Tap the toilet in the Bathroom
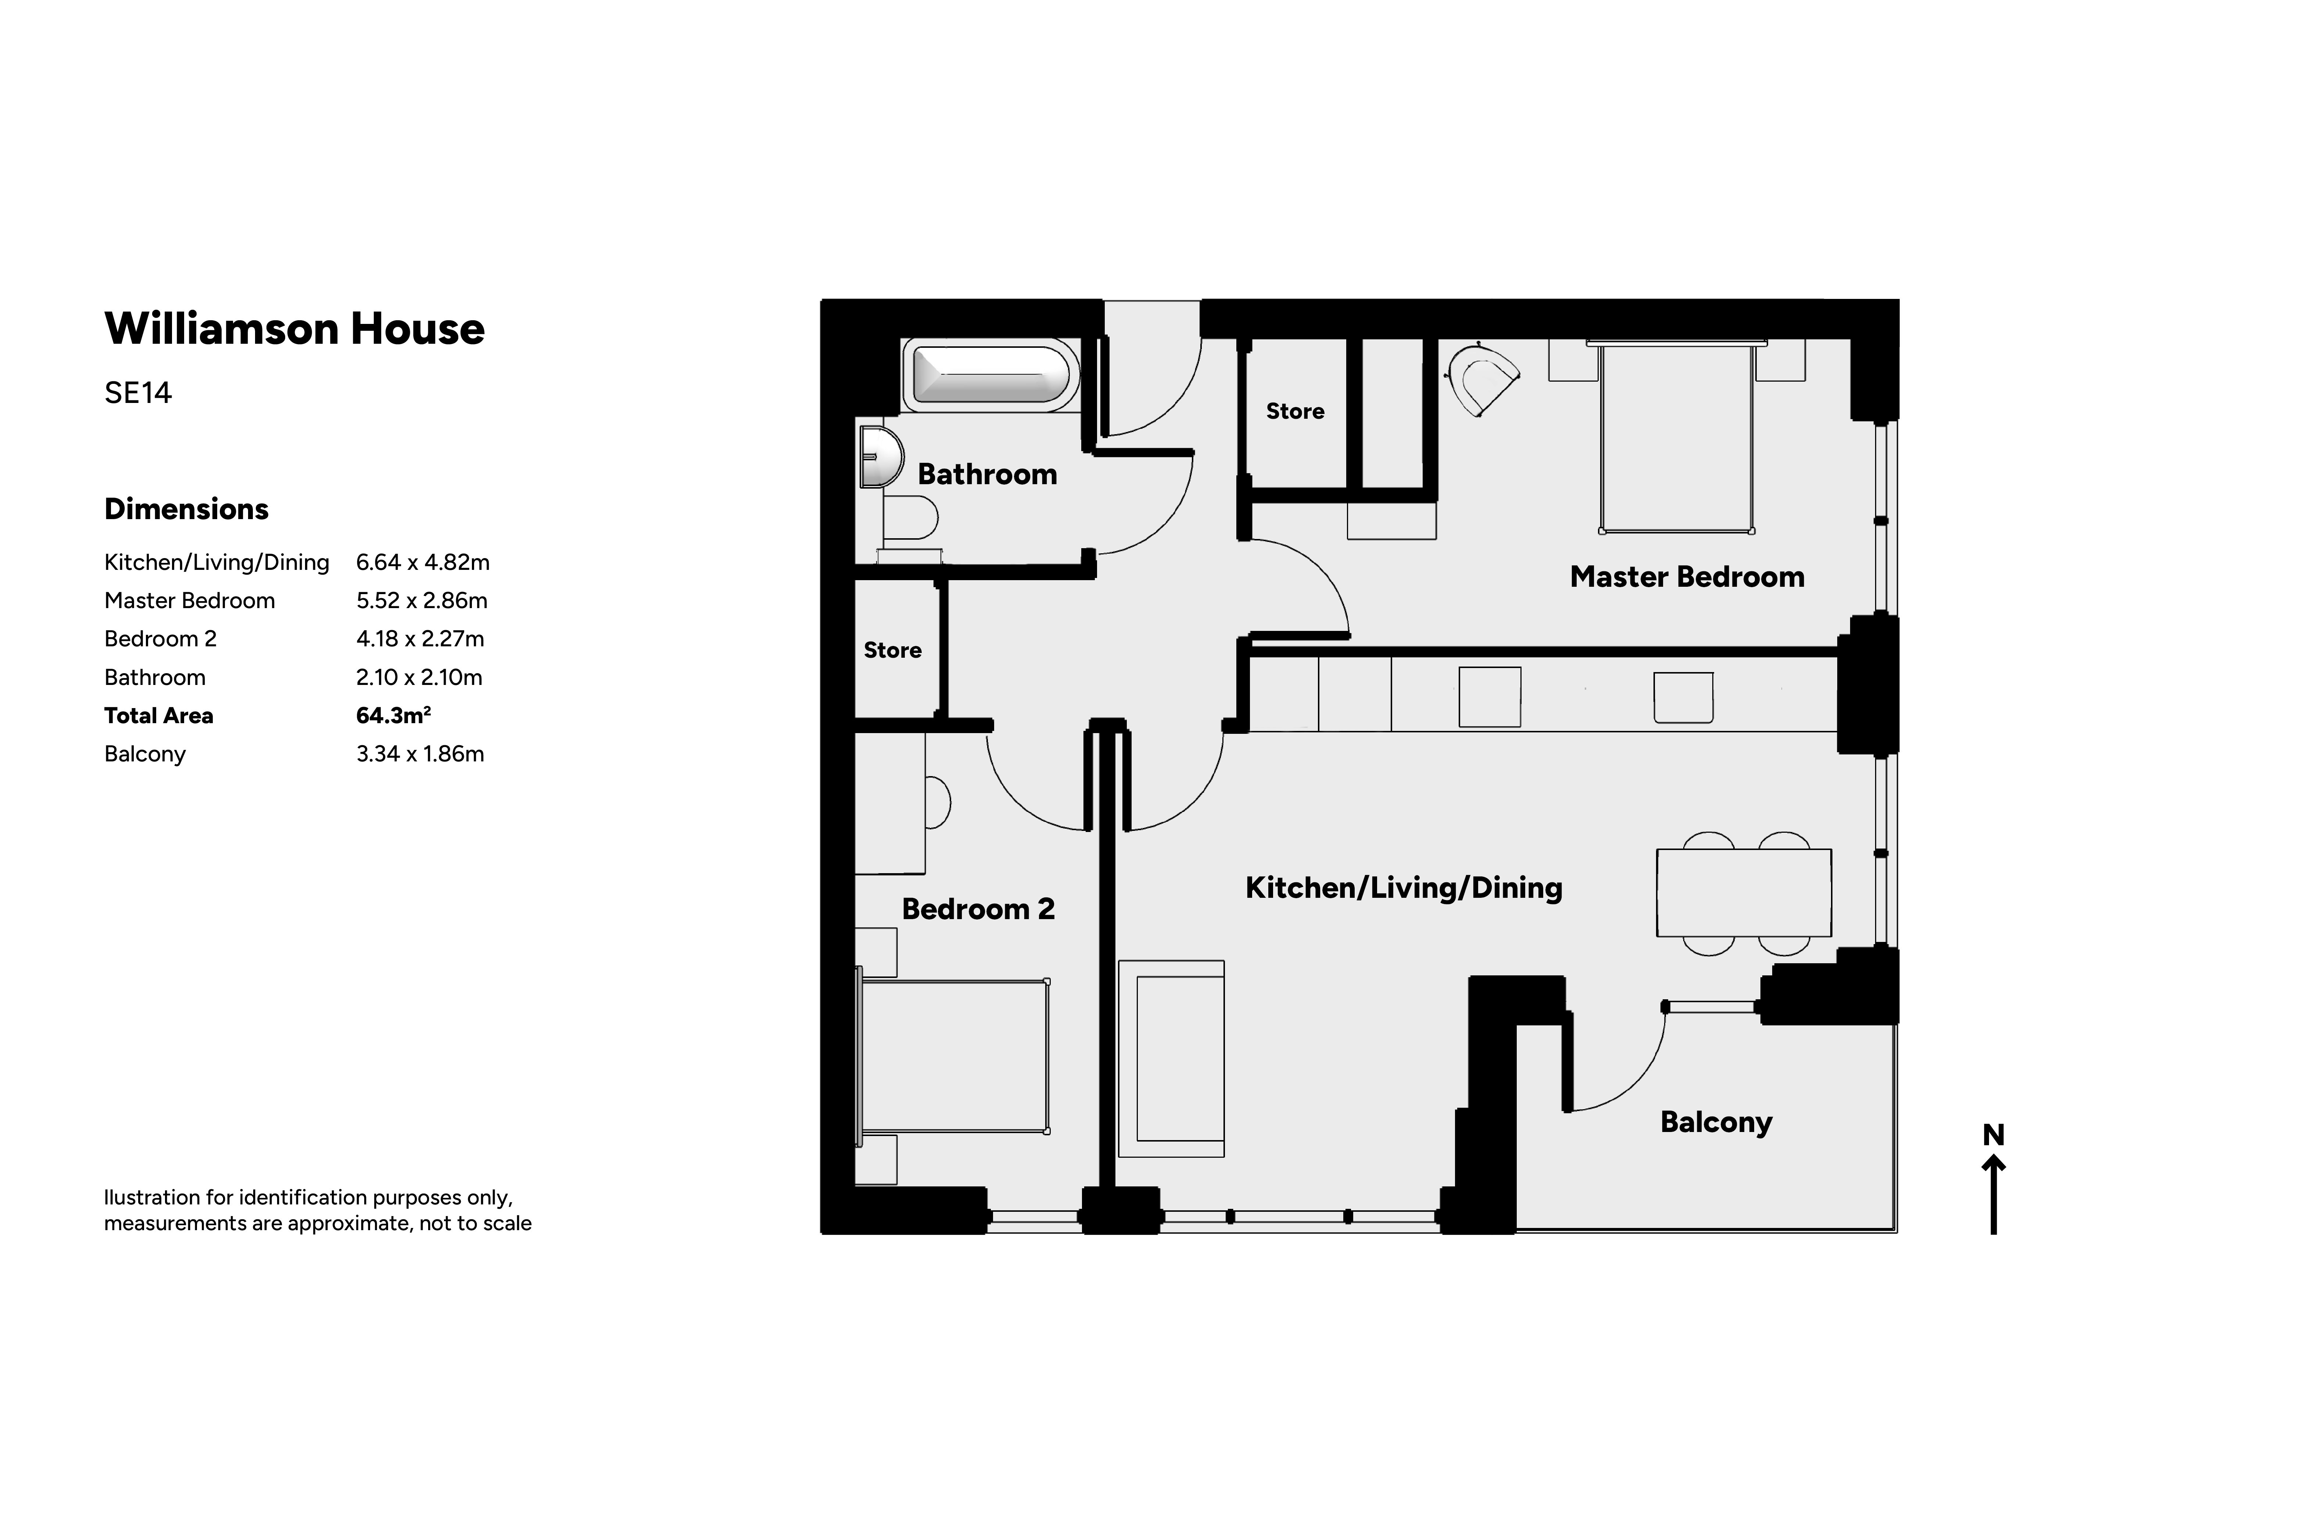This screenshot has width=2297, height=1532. (910, 518)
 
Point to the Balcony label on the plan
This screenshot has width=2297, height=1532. (1716, 1122)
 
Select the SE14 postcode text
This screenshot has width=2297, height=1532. (138, 393)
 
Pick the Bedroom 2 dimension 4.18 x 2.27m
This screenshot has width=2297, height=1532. (420, 639)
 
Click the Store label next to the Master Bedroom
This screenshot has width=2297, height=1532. (1295, 411)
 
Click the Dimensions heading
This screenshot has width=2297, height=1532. (187, 509)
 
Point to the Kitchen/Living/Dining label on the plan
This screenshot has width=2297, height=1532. (1404, 888)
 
